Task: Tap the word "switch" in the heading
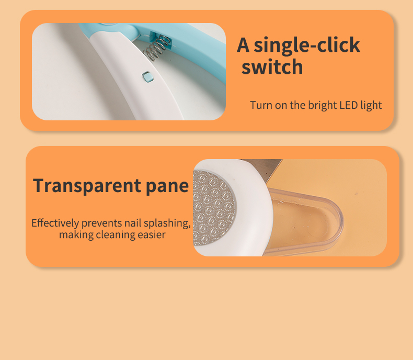tap(272, 66)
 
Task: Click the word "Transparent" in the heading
tap(87, 186)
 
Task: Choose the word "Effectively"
tap(55, 223)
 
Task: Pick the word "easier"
tap(152, 234)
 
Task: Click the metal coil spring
tap(157, 48)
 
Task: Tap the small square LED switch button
tap(147, 77)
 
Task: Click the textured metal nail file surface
tap(214, 208)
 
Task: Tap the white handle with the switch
tap(137, 79)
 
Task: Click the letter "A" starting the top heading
tap(243, 45)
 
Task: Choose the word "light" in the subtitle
tap(371, 106)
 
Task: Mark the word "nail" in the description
tap(133, 223)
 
